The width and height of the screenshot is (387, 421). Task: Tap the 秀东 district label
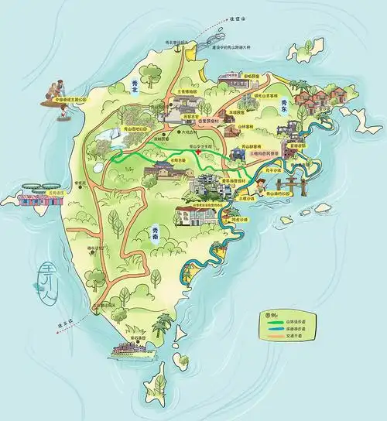[283, 105]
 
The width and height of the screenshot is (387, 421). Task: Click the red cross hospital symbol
[200, 152]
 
